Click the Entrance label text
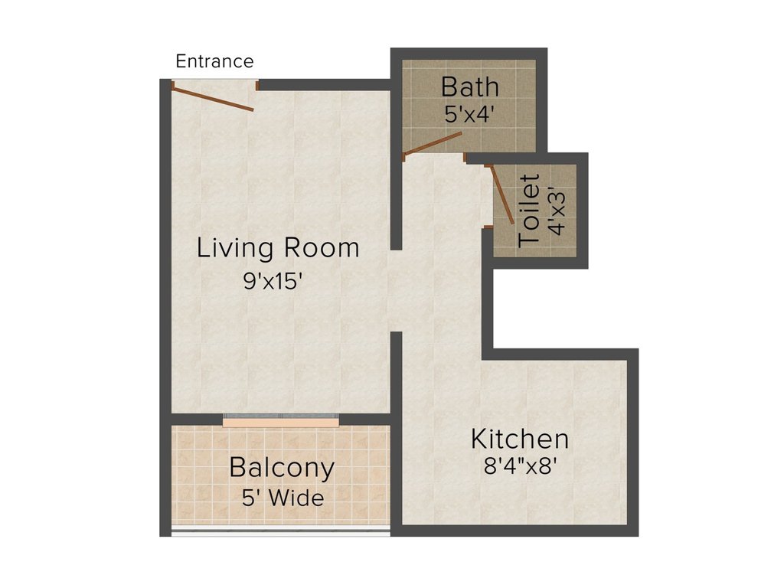(x=214, y=61)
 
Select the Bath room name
(x=470, y=87)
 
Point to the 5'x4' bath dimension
(x=470, y=114)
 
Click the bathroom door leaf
(x=433, y=143)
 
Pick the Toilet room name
(x=529, y=211)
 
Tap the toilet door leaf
(x=502, y=194)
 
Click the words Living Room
(x=278, y=248)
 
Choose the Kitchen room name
(x=520, y=439)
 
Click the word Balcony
(x=282, y=467)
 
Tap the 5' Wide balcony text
(x=282, y=498)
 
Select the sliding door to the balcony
(x=281, y=420)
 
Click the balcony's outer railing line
(x=280, y=531)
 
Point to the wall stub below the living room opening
(x=396, y=375)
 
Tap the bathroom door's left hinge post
(x=404, y=156)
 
